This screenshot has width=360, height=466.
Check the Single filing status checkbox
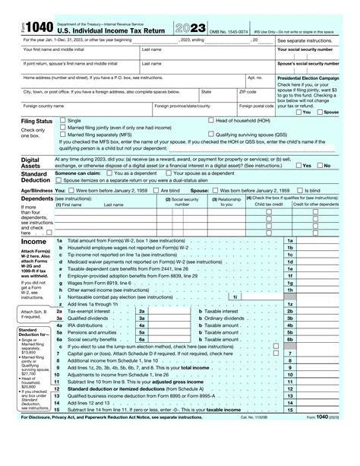(x=63, y=121)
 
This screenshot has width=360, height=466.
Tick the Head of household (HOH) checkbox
(x=210, y=121)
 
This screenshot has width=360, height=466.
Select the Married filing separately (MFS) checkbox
(x=63, y=135)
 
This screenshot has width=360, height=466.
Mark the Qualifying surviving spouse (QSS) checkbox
(x=210, y=135)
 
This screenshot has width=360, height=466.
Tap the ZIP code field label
(x=248, y=91)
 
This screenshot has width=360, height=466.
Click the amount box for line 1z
(x=326, y=304)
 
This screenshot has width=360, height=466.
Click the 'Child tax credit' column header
(x=268, y=204)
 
